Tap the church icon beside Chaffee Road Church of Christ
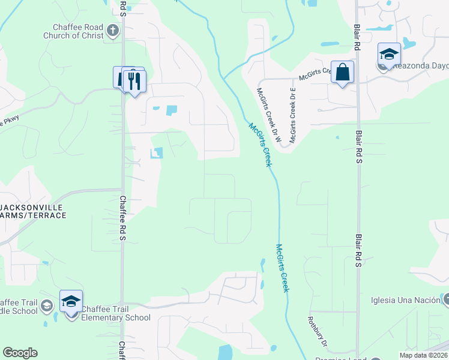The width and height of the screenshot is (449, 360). coord(112,30)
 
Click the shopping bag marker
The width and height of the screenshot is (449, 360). coord(342,73)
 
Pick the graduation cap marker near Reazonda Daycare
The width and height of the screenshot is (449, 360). coord(389,54)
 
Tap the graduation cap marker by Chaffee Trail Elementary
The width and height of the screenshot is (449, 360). coord(71,302)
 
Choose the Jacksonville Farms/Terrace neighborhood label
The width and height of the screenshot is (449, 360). coord(33,211)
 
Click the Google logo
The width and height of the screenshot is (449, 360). coord(20,353)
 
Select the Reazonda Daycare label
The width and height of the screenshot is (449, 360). coord(420,67)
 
